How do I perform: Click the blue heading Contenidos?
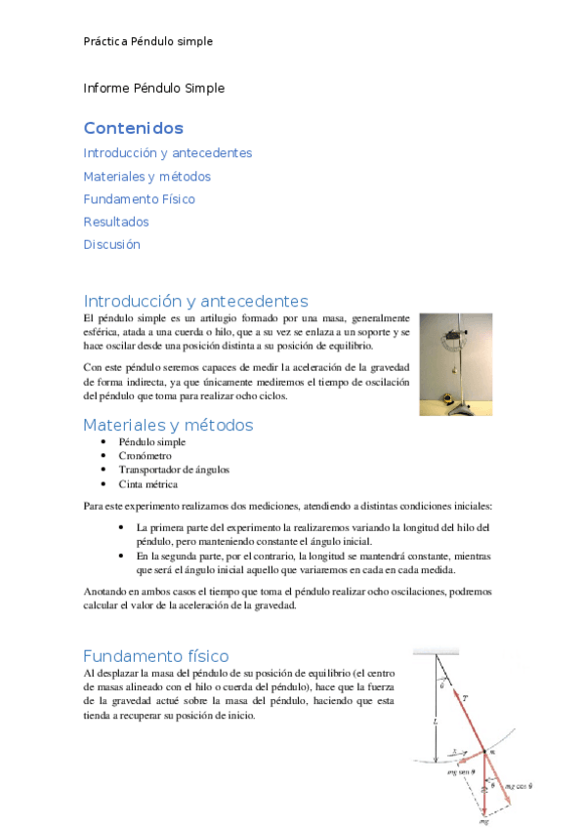pos(133,128)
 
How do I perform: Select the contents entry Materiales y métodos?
pos(146,177)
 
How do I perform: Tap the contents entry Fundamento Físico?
pos(139,199)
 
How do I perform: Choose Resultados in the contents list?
pos(116,222)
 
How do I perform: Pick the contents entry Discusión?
pos(111,244)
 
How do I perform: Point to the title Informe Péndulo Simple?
pos(153,88)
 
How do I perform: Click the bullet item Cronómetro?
pos(145,456)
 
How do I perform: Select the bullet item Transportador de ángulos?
pos(174,470)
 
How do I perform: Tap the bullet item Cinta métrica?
pos(147,483)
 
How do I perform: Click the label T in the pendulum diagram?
pos(465,699)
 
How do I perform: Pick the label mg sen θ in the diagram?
pos(459,771)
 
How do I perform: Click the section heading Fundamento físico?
pos(155,655)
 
